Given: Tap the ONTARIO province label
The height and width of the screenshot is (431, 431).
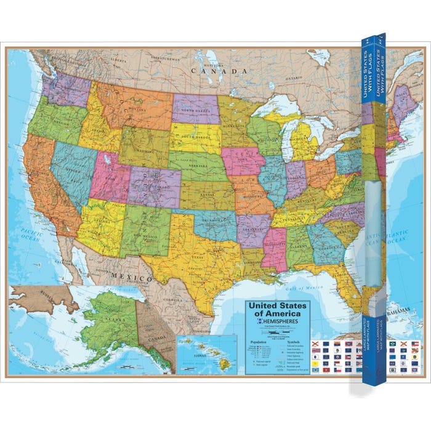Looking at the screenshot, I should coord(294,78).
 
